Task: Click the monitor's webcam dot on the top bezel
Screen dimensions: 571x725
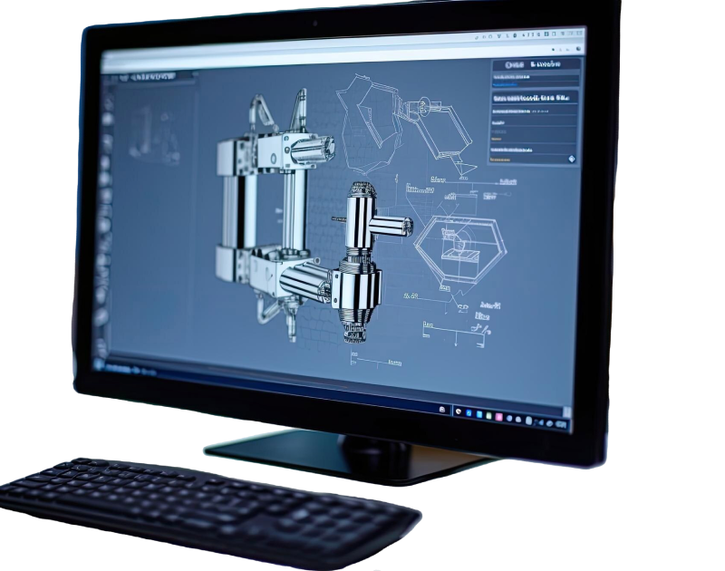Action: [x=314, y=23]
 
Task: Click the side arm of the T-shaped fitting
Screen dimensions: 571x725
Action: [x=391, y=226]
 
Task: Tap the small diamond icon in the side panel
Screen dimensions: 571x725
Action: [x=572, y=159]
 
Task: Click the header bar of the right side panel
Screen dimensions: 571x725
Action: [x=535, y=65]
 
